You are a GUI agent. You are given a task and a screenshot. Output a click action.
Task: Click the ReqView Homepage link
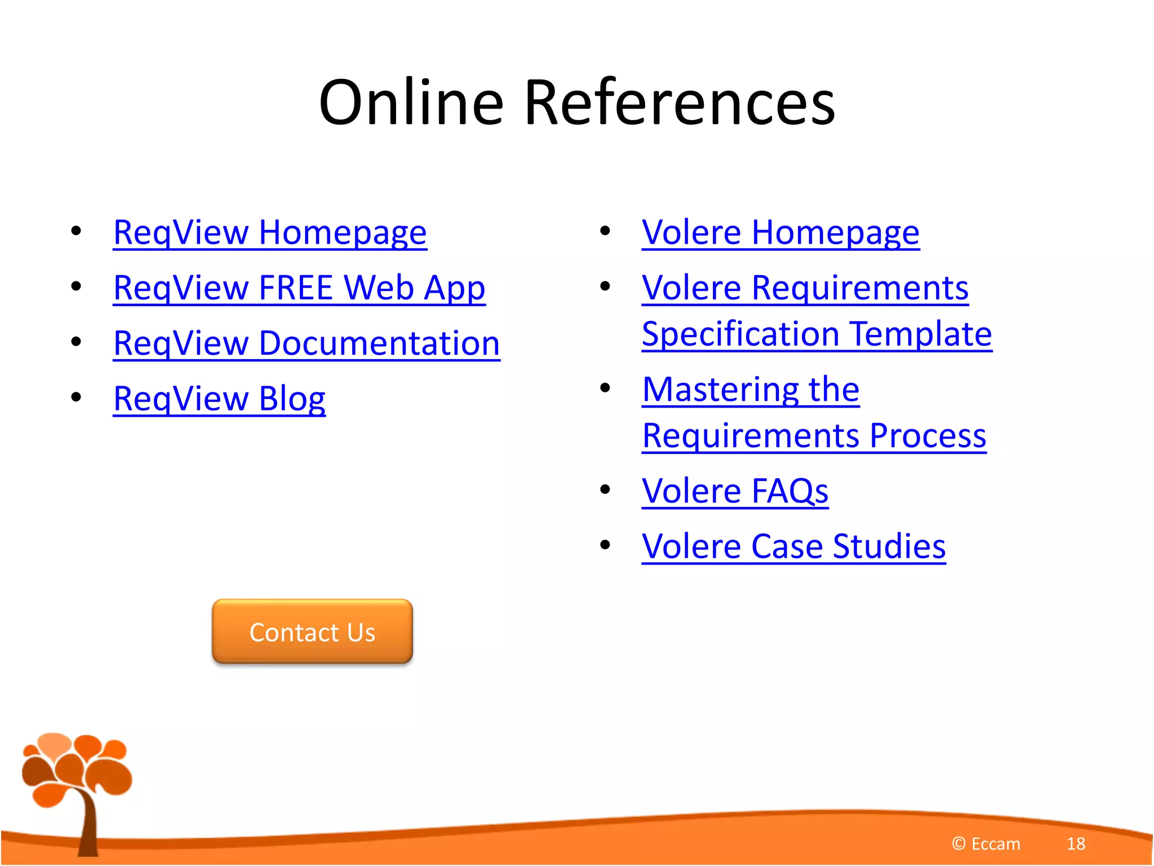pyautogui.click(x=270, y=232)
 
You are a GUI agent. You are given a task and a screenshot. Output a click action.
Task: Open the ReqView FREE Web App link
pyautogui.click(x=299, y=288)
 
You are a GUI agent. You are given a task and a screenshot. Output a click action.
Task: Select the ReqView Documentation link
pyautogui.click(x=307, y=343)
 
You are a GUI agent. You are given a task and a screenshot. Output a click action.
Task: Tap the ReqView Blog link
pyautogui.click(x=219, y=399)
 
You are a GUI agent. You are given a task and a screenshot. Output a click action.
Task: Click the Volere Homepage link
pyautogui.click(x=780, y=232)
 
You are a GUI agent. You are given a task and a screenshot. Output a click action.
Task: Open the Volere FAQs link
pyautogui.click(x=735, y=491)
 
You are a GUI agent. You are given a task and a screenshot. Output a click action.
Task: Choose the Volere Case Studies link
pyautogui.click(x=793, y=546)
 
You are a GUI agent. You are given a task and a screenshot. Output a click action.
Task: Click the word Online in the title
pyautogui.click(x=411, y=103)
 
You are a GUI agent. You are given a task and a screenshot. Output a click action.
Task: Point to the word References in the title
pyautogui.click(x=680, y=103)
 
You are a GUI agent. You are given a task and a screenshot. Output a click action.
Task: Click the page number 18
pyautogui.click(x=1076, y=844)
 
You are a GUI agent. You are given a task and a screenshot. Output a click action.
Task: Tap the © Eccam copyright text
pyautogui.click(x=986, y=844)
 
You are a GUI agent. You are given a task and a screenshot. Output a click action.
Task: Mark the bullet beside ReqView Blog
pyautogui.click(x=76, y=397)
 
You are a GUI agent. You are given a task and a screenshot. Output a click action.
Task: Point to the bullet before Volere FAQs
pyautogui.click(x=605, y=489)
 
